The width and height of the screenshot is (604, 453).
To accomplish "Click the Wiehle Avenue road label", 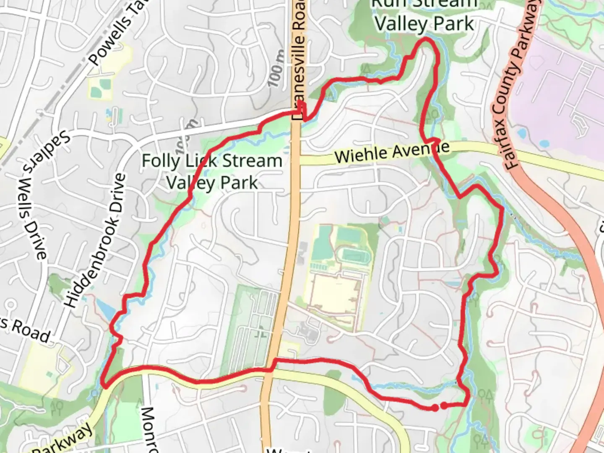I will pos(392,152).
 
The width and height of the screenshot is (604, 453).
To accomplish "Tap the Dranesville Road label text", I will pos(299,59).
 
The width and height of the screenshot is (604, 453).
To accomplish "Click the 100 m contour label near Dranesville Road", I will pos(276,69).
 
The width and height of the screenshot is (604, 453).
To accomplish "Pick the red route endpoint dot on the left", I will pos(435,407).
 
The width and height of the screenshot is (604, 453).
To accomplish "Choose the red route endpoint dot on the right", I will pos(444,405).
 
